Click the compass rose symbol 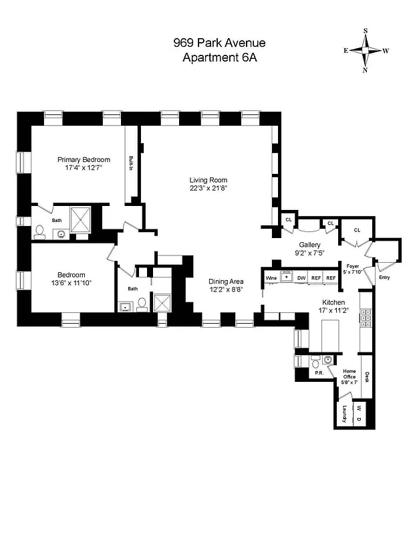click(366, 50)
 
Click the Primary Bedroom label click(84, 159)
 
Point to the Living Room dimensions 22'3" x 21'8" click(209, 188)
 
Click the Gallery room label click(310, 245)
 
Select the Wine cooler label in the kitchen click(271, 277)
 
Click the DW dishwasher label click(301, 277)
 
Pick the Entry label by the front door click(384, 277)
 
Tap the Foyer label click(353, 265)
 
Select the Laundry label click(345, 414)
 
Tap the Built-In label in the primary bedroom click(131, 164)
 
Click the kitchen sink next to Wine click(287, 276)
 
